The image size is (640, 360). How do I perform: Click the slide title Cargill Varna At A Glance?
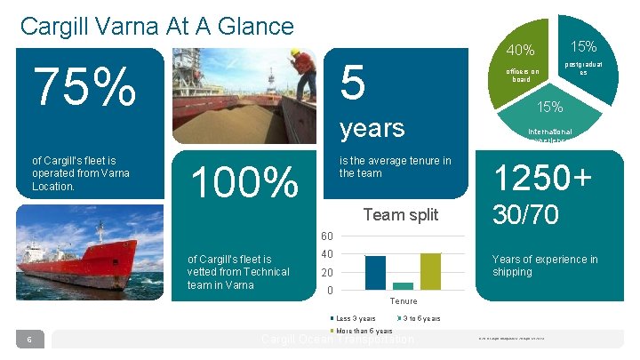[156, 27]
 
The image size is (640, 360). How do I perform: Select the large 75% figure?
[85, 87]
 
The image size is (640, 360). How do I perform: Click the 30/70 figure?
[526, 215]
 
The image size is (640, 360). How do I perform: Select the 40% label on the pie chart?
[519, 50]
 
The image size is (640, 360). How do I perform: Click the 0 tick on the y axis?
[330, 291]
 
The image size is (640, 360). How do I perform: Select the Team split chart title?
[400, 214]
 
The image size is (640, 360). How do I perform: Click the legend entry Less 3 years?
[355, 318]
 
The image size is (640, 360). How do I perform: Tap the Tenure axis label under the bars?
[404, 301]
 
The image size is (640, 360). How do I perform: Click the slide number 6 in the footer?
[29, 339]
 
